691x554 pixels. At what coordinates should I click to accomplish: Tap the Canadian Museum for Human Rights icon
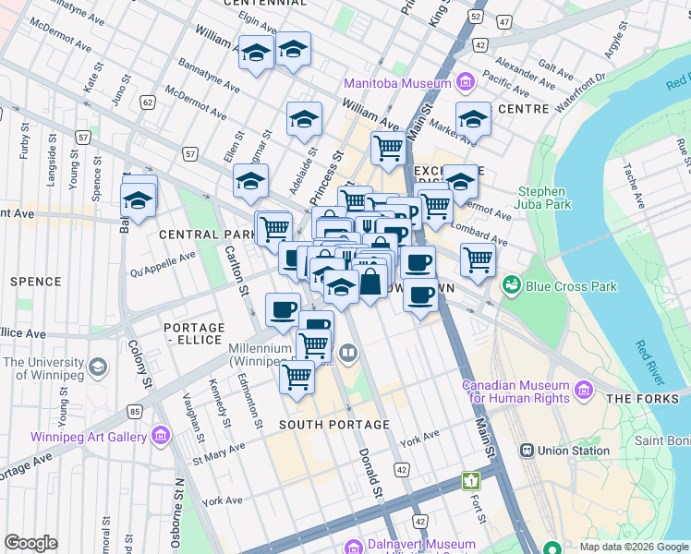click(x=583, y=391)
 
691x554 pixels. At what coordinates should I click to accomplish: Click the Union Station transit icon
click(x=527, y=451)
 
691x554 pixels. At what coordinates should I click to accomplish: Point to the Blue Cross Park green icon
click(x=511, y=286)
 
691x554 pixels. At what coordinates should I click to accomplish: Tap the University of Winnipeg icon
click(x=95, y=370)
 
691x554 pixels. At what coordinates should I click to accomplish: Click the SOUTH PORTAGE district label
click(x=323, y=425)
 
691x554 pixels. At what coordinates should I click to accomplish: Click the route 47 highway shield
click(x=503, y=19)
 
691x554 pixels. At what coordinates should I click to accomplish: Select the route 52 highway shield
click(x=476, y=17)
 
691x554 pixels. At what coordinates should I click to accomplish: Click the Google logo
click(x=30, y=543)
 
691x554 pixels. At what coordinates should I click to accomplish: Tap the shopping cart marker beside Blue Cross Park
click(x=478, y=259)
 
